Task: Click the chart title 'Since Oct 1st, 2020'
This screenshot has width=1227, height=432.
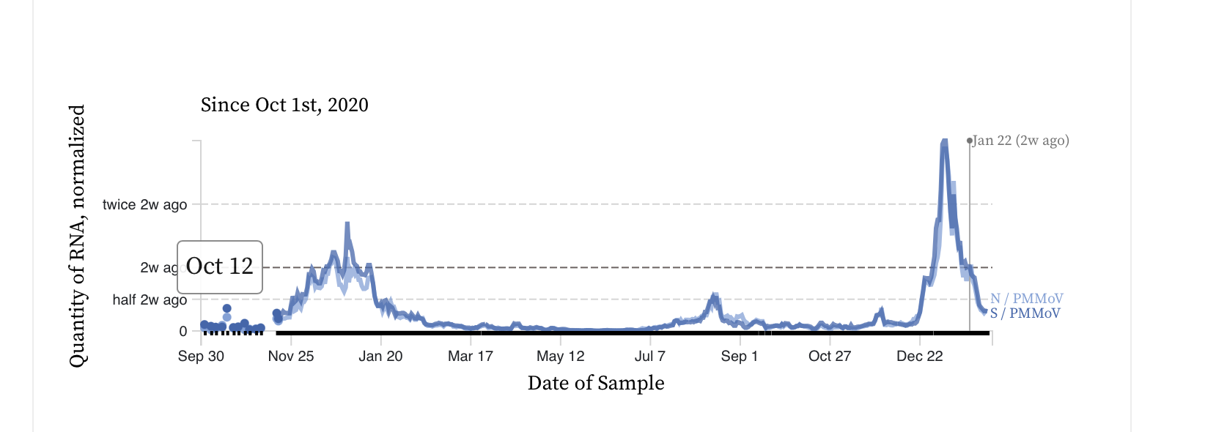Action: pos(284,105)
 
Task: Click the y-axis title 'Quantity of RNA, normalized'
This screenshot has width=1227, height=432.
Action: pos(77,235)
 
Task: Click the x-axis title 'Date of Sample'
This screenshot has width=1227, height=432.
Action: pos(596,383)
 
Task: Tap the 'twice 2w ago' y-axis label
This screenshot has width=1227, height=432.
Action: pos(144,205)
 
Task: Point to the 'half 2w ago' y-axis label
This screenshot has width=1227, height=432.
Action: pos(150,300)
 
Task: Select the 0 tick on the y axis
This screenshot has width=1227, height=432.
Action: pos(183,332)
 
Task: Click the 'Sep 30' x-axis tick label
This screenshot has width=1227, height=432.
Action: pos(201,357)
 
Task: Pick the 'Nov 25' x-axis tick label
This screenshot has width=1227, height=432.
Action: pos(291,357)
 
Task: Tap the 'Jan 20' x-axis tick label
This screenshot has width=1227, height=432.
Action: pos(380,357)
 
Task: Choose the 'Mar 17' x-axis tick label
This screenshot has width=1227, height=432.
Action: pos(471,357)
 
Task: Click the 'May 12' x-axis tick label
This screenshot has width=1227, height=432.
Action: pos(561,357)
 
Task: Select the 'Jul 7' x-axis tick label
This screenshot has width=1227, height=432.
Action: pos(650,357)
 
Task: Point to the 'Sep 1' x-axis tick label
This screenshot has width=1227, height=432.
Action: pos(740,357)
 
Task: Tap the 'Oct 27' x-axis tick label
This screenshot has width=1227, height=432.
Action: pos(830,357)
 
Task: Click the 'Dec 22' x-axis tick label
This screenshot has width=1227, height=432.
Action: pos(920,357)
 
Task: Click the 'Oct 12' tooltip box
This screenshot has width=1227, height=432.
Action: pos(220,267)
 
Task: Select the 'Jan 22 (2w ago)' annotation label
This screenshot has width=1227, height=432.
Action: pos(1021,141)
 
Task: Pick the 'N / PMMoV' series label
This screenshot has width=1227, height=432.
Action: pos(1027,299)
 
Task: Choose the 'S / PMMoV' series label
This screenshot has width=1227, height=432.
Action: pos(1025,313)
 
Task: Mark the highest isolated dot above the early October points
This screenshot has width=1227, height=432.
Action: pos(227,309)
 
